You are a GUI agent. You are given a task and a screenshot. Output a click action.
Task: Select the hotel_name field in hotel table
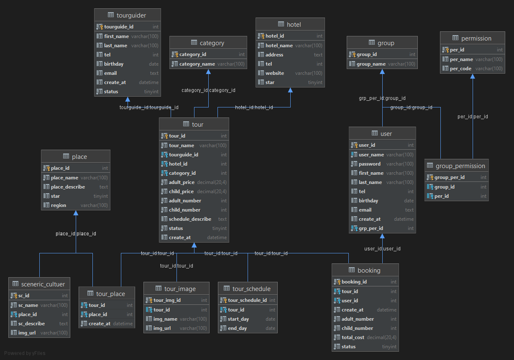pos(279,46)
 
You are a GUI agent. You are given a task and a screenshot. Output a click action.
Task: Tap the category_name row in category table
pos(197,64)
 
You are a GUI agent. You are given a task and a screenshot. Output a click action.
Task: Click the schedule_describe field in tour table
pos(190,219)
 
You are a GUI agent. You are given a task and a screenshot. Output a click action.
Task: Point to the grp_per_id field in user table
pos(371,228)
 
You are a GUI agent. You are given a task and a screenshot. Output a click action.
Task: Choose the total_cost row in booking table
pos(353,337)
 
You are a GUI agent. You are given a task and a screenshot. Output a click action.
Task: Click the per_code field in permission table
pos(460,69)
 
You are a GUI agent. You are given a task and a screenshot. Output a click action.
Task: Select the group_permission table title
pos(460,166)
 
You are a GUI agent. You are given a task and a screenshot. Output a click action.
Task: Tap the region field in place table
pos(59,205)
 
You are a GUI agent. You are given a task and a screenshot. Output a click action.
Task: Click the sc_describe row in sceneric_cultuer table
pos(31,324)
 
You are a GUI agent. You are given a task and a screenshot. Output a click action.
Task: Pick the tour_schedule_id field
pos(247,300)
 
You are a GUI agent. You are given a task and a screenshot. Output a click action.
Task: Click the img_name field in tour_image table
pos(165,319)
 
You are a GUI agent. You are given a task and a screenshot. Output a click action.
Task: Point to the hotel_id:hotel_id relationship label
pos(254,107)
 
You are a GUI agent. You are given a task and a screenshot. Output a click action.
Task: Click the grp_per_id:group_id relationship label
pos(382,98)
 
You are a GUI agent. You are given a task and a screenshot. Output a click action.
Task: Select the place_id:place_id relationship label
pos(76,234)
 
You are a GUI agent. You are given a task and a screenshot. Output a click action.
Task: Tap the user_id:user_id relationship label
pos(382,249)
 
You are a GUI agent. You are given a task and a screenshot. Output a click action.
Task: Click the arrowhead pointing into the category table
pos(208,72)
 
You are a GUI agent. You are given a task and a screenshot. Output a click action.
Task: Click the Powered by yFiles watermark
pos(25,353)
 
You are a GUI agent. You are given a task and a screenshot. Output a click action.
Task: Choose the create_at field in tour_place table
pos(100,324)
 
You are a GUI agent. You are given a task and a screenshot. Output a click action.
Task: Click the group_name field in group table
pos(371,64)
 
